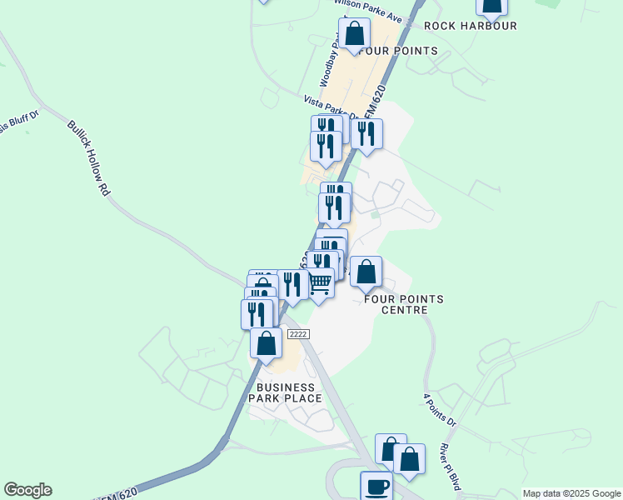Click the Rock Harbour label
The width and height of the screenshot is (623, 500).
click(471, 26)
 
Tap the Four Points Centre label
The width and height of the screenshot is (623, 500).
click(404, 304)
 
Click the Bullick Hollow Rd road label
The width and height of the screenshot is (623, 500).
click(89, 158)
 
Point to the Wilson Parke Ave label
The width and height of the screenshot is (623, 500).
click(379, 15)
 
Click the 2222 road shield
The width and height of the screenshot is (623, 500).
click(298, 333)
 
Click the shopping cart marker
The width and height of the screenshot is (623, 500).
click(321, 283)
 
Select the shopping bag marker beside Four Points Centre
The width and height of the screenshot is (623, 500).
click(366, 272)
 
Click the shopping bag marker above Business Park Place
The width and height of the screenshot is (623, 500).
click(266, 343)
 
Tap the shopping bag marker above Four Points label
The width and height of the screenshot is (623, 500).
click(355, 34)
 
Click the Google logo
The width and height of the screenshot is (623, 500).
click(28, 490)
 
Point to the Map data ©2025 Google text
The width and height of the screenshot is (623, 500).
click(571, 493)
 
